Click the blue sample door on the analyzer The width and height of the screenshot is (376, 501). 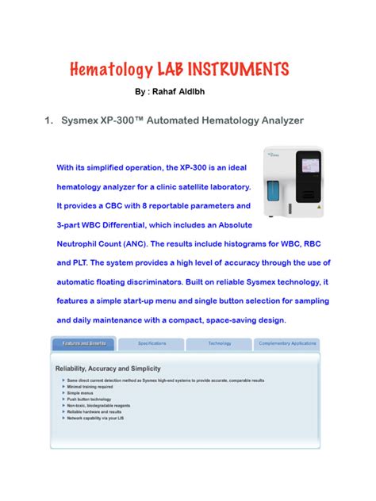tap(274, 195)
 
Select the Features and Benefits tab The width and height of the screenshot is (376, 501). tap(83, 344)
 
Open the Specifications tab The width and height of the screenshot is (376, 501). tap(152, 344)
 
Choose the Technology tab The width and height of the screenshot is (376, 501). tap(219, 344)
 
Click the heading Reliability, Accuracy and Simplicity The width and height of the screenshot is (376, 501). tap(107, 369)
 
